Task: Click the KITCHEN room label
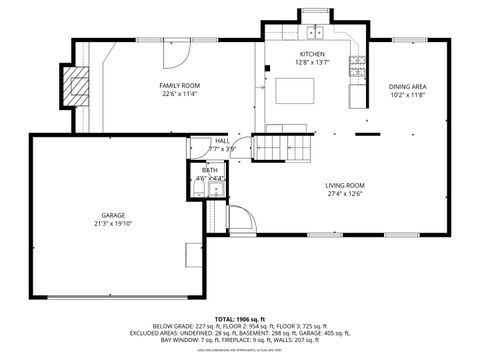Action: (312, 53)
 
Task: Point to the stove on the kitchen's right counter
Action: (357, 67)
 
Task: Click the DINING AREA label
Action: (408, 87)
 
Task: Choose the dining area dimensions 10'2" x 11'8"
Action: (408, 96)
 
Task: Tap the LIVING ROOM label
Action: (344, 185)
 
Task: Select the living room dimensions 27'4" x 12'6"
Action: (344, 194)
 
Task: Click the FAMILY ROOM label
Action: (179, 86)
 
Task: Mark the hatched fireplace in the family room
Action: (73, 86)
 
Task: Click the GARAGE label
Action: (112, 215)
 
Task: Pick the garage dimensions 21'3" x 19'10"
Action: (112, 224)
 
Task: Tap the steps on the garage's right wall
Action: (191, 256)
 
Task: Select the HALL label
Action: (222, 141)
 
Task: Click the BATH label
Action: (210, 171)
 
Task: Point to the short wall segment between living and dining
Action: (368, 134)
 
